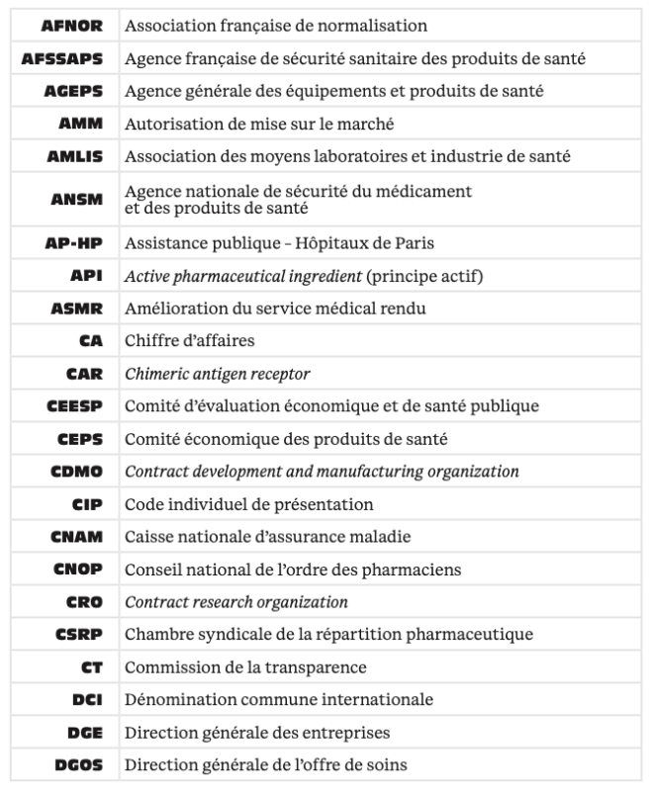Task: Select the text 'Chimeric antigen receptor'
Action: [x=218, y=373]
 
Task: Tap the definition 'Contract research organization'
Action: [x=236, y=601]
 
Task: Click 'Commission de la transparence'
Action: [x=245, y=666]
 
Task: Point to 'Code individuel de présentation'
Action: [x=249, y=503]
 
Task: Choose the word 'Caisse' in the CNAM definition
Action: [x=147, y=536]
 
